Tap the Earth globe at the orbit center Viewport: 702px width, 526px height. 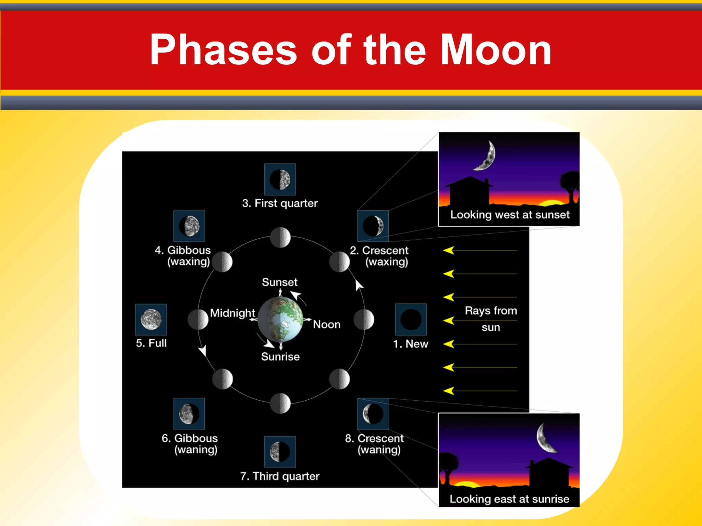[280, 320]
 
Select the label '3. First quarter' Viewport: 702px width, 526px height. [280, 203]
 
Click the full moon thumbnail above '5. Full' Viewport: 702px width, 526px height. [151, 320]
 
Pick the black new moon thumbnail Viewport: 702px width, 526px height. [411, 319]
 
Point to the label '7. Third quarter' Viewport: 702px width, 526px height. [280, 476]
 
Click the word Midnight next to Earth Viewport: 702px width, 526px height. [232, 313]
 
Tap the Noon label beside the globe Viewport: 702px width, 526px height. [327, 324]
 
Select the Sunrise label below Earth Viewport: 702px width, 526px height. [280, 357]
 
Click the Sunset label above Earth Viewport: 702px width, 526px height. [280, 282]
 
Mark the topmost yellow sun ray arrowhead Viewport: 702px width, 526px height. [448, 251]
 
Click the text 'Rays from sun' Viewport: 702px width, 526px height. [491, 319]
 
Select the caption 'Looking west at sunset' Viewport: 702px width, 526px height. [510, 215]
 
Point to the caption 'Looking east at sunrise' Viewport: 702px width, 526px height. [509, 499]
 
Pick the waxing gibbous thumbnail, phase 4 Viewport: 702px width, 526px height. [189, 226]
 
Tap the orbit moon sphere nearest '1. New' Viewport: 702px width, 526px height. [364, 320]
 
